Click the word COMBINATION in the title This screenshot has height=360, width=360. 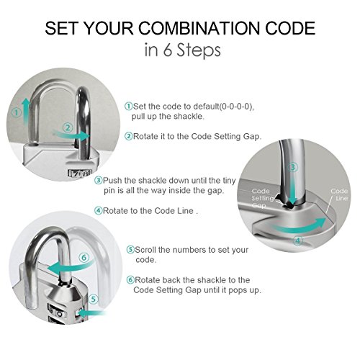199,28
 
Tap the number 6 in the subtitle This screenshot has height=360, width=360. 167,50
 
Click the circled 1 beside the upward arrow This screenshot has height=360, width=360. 17,112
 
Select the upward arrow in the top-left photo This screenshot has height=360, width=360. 26,112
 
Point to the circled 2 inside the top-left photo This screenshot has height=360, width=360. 68,127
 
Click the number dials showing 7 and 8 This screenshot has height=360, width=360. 80,173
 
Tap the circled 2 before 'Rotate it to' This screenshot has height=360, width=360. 129,136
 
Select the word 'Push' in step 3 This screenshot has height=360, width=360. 112,181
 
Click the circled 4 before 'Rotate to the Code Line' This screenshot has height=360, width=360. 99,211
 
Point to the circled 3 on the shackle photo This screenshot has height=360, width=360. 292,167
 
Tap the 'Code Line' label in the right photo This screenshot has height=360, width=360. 339,194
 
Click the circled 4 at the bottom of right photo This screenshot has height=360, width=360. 297,240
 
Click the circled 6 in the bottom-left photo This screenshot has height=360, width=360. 84,258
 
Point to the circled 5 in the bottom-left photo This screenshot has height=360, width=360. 93,299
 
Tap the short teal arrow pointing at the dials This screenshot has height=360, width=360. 91,313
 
